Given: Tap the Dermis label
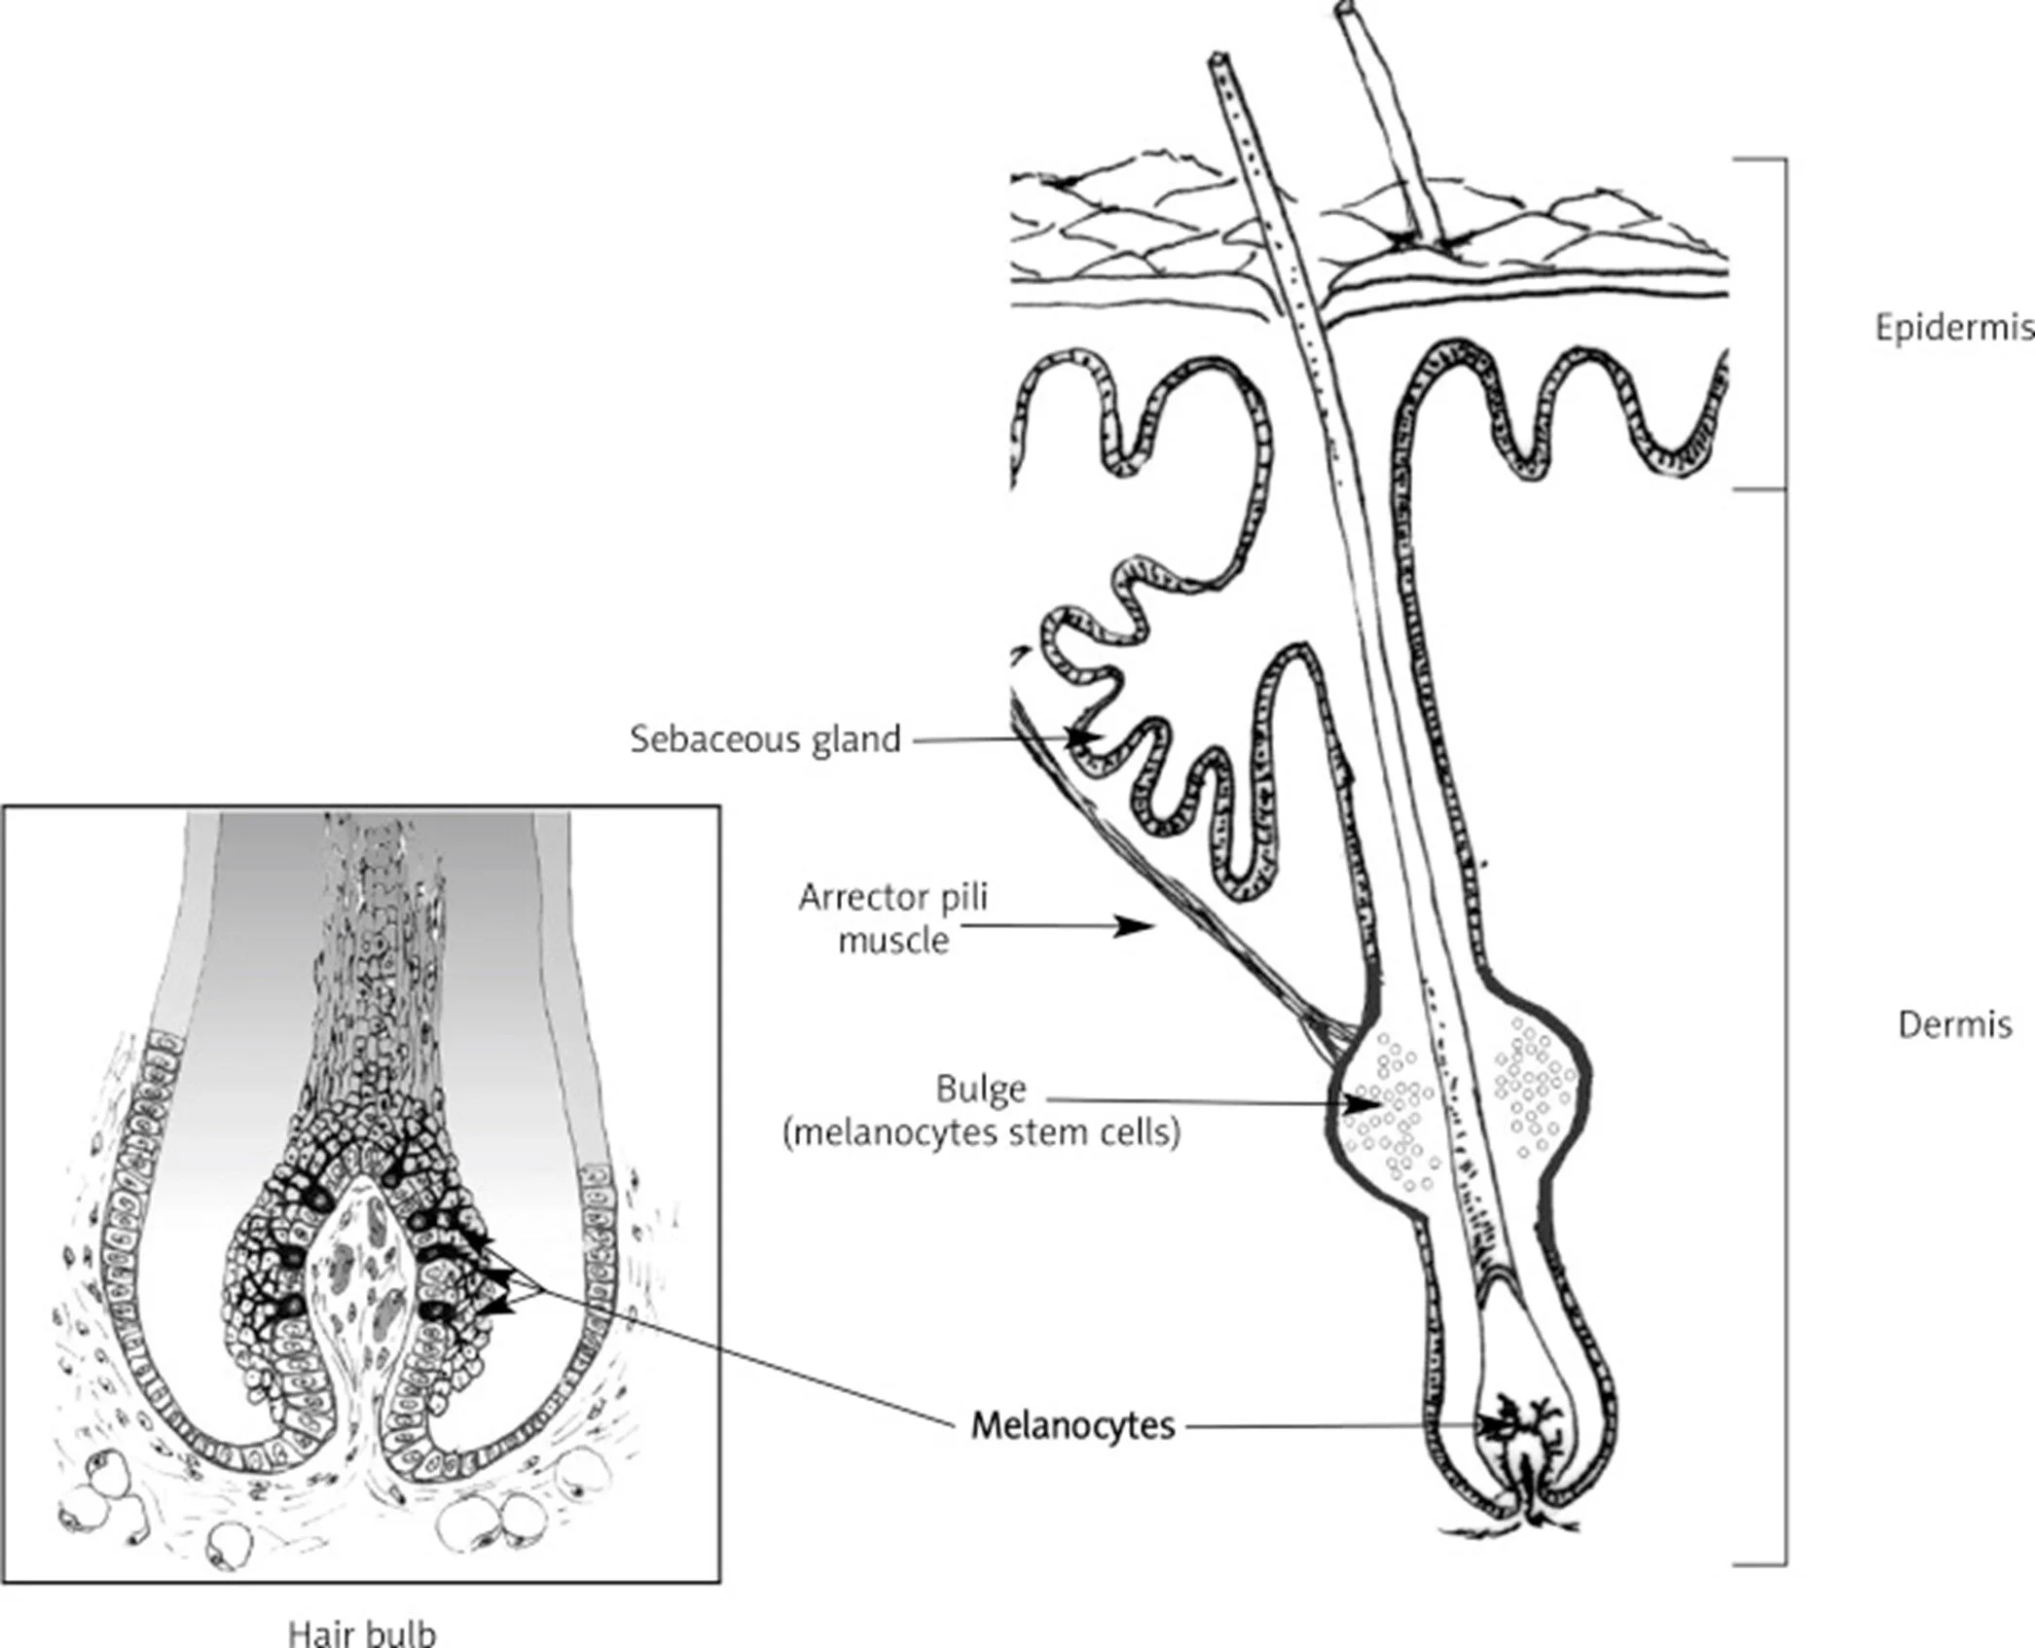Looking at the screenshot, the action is pyautogui.click(x=1954, y=1024).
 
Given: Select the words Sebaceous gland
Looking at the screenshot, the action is pyautogui.click(x=765, y=739).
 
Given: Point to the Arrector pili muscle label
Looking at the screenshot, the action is pyautogui.click(x=892, y=917).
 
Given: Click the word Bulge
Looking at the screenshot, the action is pyautogui.click(x=981, y=1089).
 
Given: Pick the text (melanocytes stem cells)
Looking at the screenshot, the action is pyautogui.click(x=981, y=1133).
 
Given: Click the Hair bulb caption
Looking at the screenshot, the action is pyautogui.click(x=362, y=1632).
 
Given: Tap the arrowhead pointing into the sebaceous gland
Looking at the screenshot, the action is pyautogui.click(x=1085, y=738).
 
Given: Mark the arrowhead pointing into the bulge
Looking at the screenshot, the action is pyautogui.click(x=1368, y=1104).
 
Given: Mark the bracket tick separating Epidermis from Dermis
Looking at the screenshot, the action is pyautogui.click(x=1762, y=489).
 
